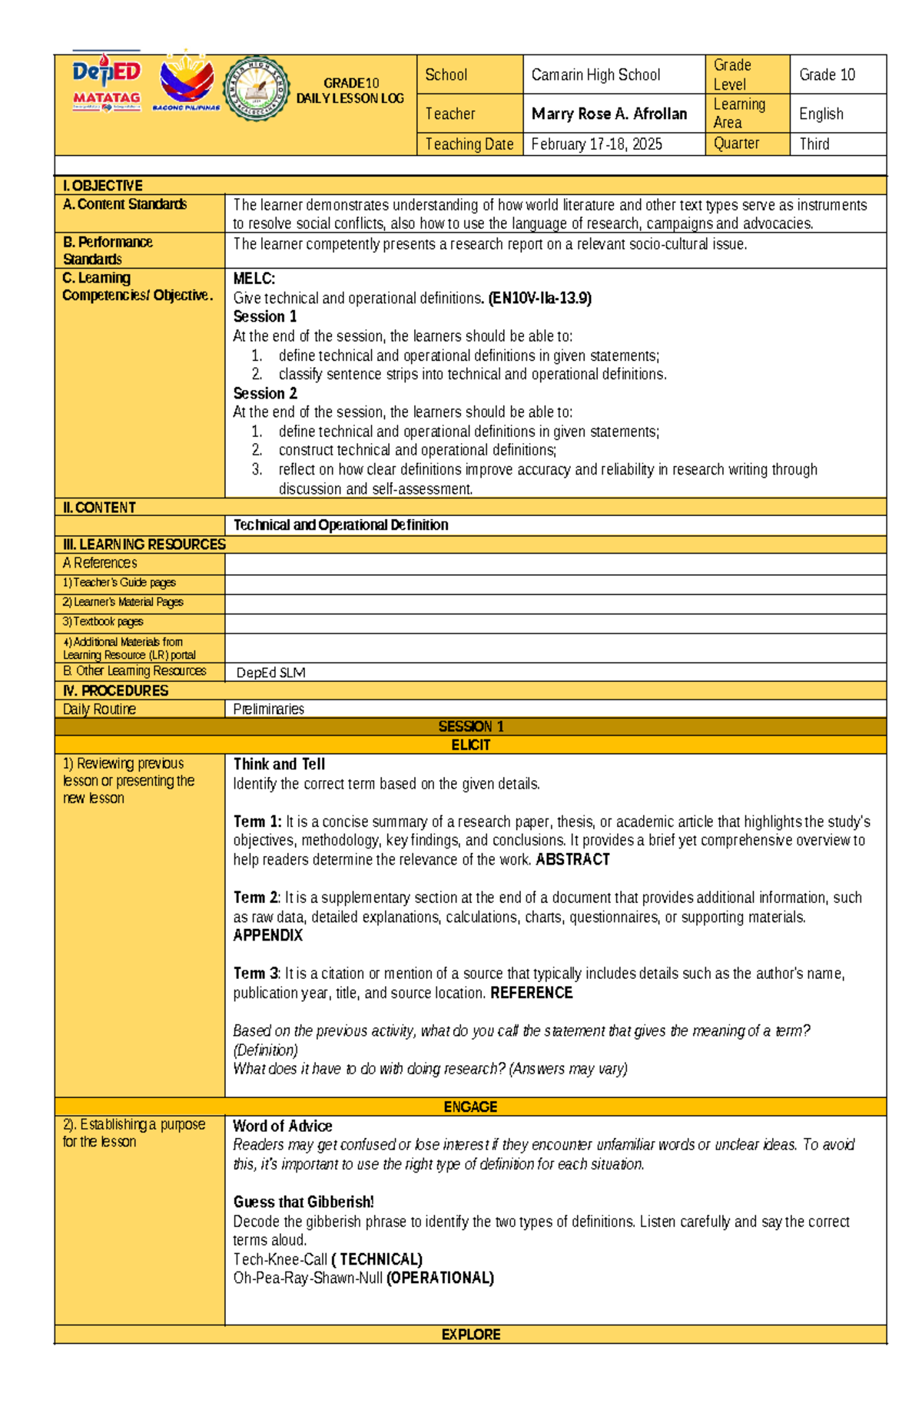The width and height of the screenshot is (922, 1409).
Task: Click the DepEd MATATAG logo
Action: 107,84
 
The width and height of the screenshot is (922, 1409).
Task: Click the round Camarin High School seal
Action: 256,89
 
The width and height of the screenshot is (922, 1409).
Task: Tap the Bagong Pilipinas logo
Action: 187,83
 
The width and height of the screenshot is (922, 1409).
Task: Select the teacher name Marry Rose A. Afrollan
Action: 609,114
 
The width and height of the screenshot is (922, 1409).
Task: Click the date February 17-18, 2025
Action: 596,144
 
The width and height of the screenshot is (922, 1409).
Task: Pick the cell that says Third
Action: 814,144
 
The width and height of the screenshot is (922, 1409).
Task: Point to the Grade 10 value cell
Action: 827,74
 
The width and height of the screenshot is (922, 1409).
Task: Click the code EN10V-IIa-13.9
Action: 539,298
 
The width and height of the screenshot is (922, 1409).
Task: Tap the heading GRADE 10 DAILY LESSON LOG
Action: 350,91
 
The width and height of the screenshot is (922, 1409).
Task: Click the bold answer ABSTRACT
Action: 572,860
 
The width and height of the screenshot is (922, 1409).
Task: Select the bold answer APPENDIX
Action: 268,935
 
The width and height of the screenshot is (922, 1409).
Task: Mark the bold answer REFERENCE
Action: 531,993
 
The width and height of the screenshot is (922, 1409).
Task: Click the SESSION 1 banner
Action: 470,726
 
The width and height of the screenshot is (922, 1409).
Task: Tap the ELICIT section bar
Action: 470,745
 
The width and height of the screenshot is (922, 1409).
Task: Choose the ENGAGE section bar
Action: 470,1106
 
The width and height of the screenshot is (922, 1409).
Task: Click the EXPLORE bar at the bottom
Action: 470,1335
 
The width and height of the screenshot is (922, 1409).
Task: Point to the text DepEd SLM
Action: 270,673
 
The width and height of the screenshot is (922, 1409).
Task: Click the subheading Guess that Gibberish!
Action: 303,1202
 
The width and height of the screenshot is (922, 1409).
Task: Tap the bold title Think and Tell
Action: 279,764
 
